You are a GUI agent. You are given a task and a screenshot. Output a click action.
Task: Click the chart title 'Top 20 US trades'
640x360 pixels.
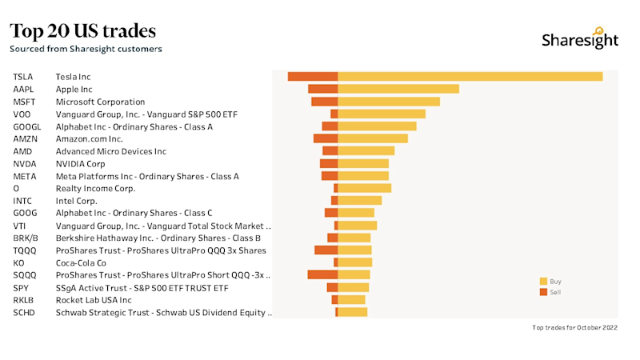pyautogui.click(x=82, y=31)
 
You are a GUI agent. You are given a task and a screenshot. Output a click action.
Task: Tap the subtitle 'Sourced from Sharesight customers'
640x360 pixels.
pyautogui.click(x=86, y=49)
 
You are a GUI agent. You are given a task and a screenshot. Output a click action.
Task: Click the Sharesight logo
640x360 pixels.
pyautogui.click(x=579, y=41)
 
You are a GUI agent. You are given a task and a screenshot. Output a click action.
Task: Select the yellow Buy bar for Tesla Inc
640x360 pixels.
pyautogui.click(x=470, y=76)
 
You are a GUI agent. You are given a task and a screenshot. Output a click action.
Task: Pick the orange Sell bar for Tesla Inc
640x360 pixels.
pyautogui.click(x=312, y=76)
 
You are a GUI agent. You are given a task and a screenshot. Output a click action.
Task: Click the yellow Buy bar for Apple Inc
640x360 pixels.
pyautogui.click(x=398, y=89)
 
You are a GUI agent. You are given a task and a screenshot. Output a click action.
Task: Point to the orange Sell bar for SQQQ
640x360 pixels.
pyautogui.click(x=322, y=274)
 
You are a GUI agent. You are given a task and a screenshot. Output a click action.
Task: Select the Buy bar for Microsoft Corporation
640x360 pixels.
pyautogui.click(x=389, y=102)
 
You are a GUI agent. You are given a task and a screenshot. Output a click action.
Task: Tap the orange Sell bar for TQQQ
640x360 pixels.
pyautogui.click(x=326, y=250)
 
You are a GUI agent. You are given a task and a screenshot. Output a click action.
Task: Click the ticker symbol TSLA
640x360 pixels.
pyautogui.click(x=23, y=77)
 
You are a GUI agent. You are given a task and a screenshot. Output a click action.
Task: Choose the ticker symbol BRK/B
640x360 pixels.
pyautogui.click(x=25, y=238)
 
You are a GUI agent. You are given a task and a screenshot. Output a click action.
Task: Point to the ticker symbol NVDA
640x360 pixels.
pyautogui.click(x=25, y=163)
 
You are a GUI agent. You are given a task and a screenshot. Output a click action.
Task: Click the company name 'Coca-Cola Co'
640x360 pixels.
pyautogui.click(x=81, y=262)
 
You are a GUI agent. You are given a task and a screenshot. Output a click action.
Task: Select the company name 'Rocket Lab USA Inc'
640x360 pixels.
pyautogui.click(x=93, y=300)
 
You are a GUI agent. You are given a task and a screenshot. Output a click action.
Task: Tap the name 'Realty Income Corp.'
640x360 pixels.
pyautogui.click(x=95, y=188)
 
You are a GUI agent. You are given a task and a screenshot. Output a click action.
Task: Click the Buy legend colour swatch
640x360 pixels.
pyautogui.click(x=543, y=282)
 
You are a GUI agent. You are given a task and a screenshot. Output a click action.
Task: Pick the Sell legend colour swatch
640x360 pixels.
pyautogui.click(x=543, y=292)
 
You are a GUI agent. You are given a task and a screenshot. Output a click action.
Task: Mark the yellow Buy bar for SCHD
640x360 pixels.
pyautogui.click(x=352, y=312)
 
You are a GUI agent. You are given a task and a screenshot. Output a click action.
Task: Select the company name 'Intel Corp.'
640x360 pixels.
pyautogui.click(x=77, y=201)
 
